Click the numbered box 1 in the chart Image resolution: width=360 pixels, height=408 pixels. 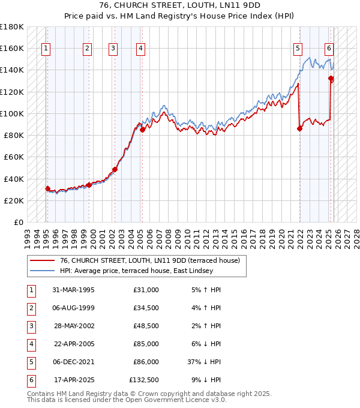click(46, 49)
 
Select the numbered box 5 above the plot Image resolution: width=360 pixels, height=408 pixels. click(298, 49)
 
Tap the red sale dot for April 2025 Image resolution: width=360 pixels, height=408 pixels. click(331, 78)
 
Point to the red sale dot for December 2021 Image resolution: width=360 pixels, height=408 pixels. click(299, 128)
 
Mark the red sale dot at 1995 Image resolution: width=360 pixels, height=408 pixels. click(48, 188)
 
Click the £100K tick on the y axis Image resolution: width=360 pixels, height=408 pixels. click(12, 113)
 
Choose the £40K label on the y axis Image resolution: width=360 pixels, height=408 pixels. click(14, 179)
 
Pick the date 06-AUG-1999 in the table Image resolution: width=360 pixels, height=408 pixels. click(73, 307)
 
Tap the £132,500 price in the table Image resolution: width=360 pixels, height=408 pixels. click(144, 379)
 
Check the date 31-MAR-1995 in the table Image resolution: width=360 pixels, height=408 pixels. click(73, 289)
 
